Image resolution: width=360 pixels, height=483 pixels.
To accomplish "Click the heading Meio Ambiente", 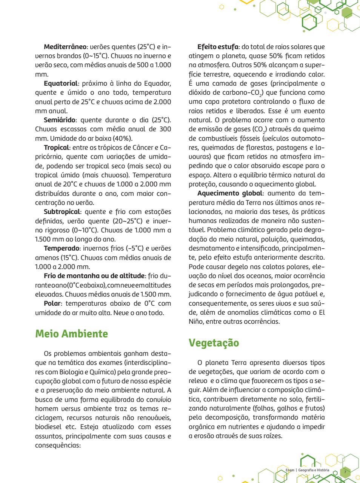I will pyautogui.click(x=71, y=334).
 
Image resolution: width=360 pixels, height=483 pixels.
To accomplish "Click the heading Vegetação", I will pyautogui.click(x=214, y=343).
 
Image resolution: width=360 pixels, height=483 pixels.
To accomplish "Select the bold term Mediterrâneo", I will pyautogui.click(x=65, y=47).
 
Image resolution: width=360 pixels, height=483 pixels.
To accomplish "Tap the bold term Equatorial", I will pyautogui.click(x=60, y=83).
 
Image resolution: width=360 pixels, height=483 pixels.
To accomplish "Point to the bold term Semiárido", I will pyautogui.click(x=60, y=120).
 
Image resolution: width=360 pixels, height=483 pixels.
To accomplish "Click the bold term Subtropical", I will pyautogui.click(x=62, y=212).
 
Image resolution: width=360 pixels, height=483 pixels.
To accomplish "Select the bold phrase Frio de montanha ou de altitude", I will pyautogui.click(x=94, y=276).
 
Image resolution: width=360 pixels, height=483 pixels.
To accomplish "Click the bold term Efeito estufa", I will pyautogui.click(x=218, y=47).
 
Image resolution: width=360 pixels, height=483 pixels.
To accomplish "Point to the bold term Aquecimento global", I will pyautogui.click(x=229, y=193).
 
